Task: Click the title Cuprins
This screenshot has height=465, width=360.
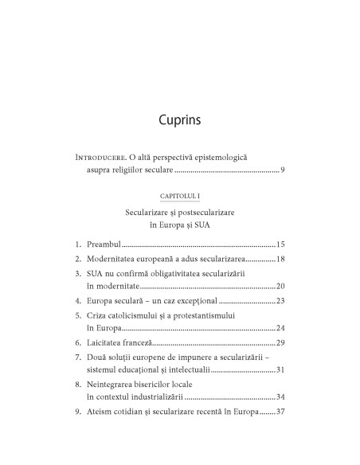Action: pos(179,120)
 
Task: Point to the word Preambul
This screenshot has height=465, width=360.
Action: pos(104,244)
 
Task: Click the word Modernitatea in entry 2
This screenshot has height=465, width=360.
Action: pos(114,260)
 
